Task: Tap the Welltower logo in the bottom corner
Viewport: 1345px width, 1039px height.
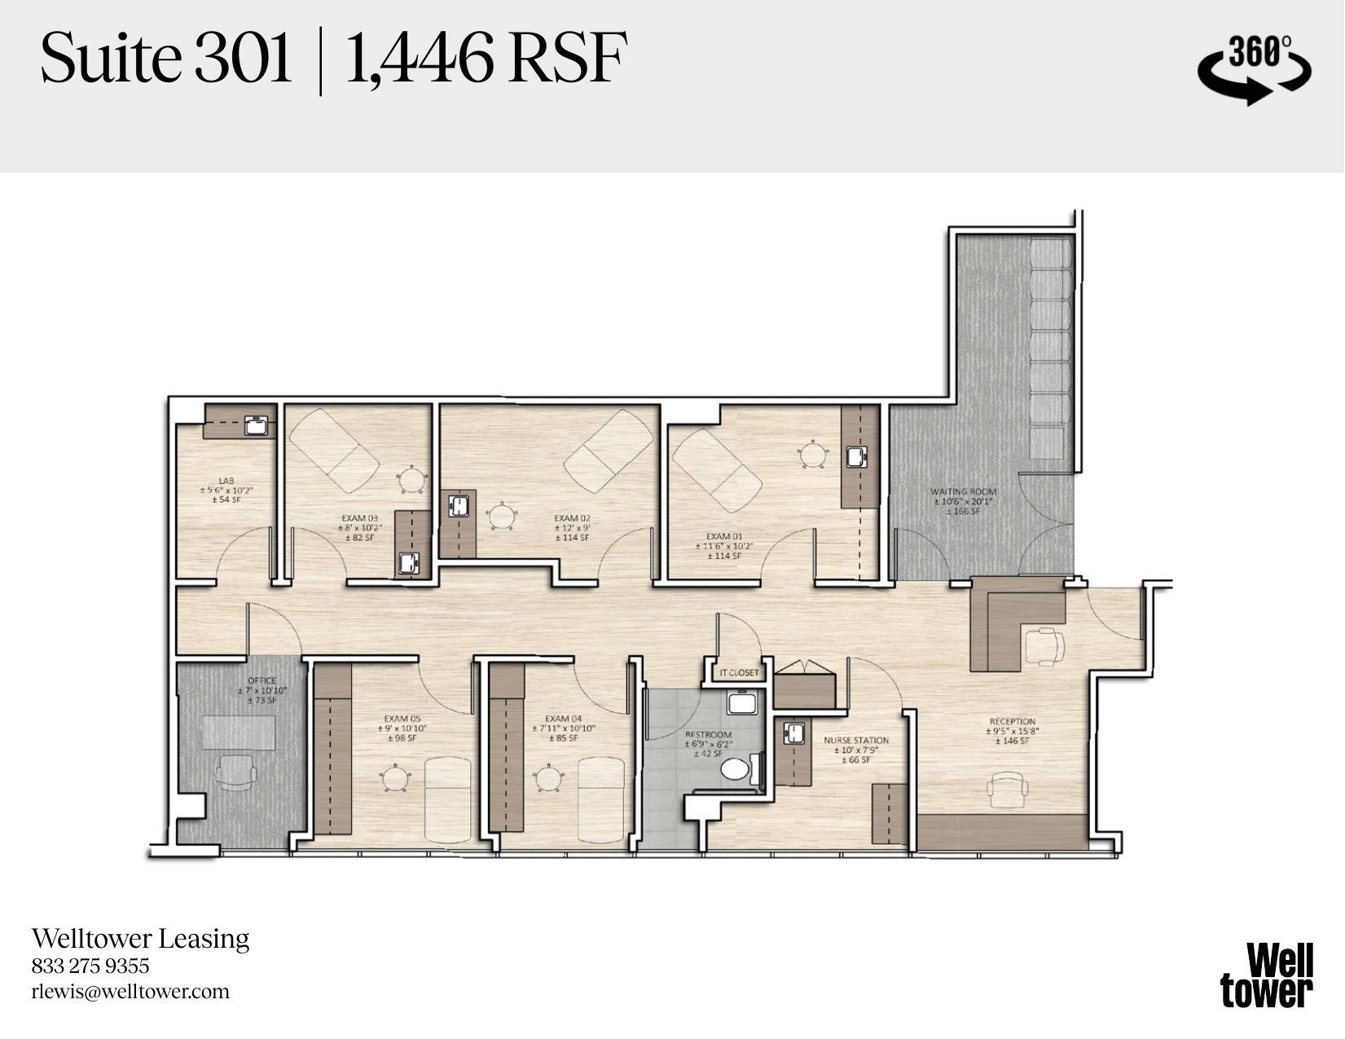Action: tap(1267, 975)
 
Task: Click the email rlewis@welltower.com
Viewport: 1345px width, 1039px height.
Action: tap(130, 992)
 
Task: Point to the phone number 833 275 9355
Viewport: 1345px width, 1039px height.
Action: tap(90, 966)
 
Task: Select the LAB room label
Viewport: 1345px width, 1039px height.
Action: tap(226, 482)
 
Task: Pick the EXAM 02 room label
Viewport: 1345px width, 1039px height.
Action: tap(572, 518)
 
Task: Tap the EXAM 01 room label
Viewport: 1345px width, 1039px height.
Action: tap(719, 537)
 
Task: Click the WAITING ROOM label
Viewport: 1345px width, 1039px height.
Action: tap(963, 492)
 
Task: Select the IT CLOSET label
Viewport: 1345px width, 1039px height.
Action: tap(739, 673)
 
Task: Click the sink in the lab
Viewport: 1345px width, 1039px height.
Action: tap(258, 425)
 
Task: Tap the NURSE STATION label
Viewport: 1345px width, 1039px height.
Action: tap(855, 741)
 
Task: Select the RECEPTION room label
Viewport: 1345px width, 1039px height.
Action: tap(1012, 721)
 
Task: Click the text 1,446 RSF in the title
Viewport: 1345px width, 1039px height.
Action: tap(486, 59)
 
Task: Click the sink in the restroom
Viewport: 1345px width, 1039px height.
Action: tap(743, 703)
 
